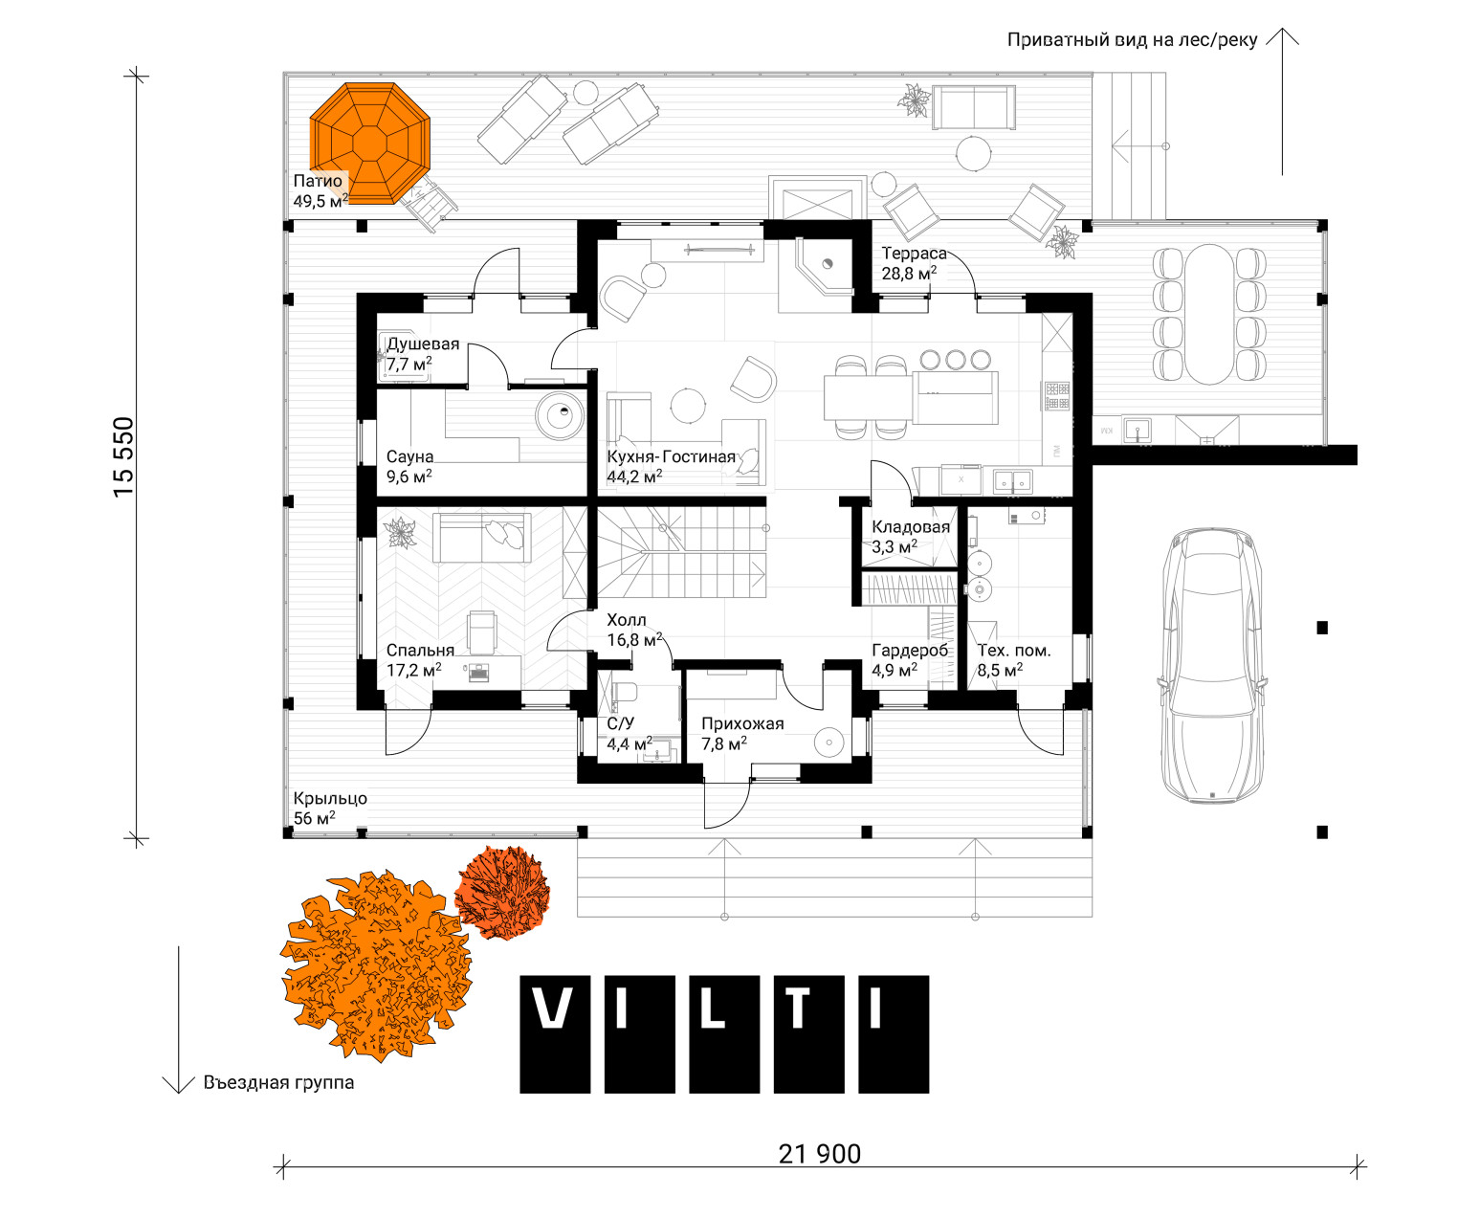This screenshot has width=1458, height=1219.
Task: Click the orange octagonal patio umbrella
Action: click(369, 144)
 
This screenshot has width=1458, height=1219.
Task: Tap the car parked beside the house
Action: click(1212, 665)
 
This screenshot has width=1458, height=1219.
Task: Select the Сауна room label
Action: click(409, 456)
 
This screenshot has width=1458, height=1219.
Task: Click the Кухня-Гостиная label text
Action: click(671, 456)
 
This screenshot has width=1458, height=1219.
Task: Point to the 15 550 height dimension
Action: click(123, 456)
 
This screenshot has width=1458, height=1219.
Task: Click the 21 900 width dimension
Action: click(820, 1154)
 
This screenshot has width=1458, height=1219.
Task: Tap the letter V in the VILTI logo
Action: click(555, 1034)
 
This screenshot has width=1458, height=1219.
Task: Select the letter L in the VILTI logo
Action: click(724, 1034)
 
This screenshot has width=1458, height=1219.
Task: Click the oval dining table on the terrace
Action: click(1209, 314)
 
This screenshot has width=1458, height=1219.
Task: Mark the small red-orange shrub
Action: click(502, 892)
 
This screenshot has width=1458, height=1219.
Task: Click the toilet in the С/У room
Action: click(624, 691)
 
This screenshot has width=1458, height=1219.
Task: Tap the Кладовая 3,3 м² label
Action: click(911, 537)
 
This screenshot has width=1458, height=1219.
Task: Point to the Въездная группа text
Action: click(278, 1082)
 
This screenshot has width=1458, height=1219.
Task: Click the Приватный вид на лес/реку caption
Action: click(1132, 40)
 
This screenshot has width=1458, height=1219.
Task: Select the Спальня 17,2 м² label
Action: click(420, 660)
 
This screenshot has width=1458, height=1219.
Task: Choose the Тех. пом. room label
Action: click(1014, 651)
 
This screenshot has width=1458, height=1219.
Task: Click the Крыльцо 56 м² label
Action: click(330, 808)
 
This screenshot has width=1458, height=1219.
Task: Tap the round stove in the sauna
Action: click(560, 415)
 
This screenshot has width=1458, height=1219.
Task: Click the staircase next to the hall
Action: click(681, 552)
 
